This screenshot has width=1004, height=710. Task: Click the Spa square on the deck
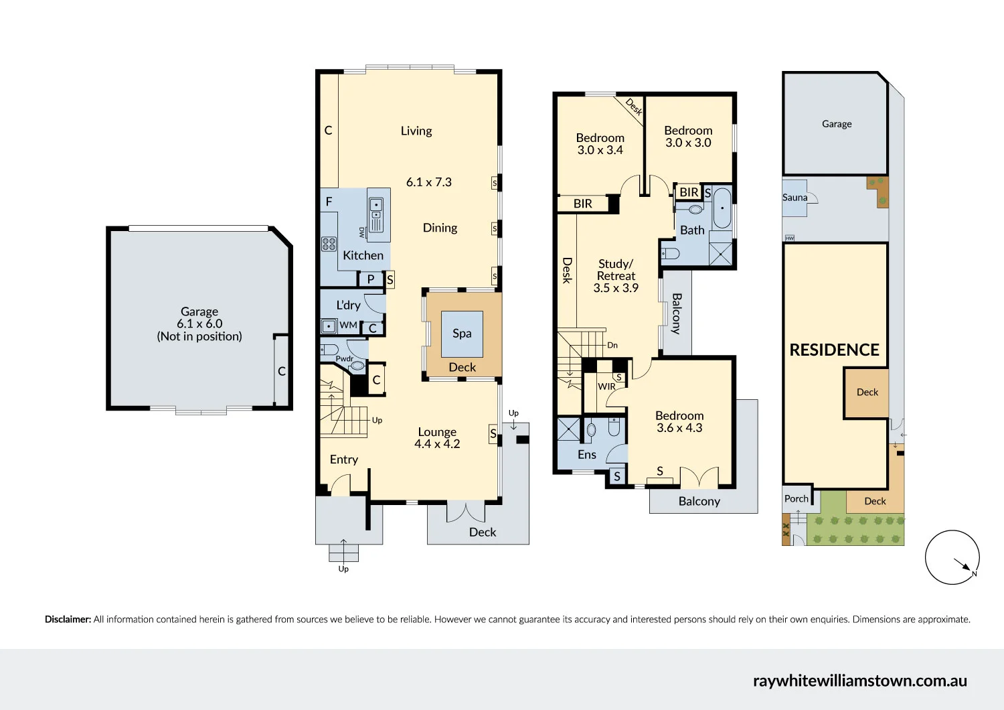[462, 334]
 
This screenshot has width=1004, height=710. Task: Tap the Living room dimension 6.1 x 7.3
[429, 182]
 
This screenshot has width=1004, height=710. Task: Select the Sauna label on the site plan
[794, 198]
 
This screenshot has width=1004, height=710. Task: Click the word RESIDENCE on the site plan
[834, 350]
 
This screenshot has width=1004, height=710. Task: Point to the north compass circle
[952, 557]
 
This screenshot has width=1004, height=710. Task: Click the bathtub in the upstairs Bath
[722, 208]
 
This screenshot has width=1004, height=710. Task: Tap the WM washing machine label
[348, 326]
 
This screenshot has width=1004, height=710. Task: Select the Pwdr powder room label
[344, 359]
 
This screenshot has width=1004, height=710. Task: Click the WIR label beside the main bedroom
[606, 386]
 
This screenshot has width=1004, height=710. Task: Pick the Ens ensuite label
[586, 455]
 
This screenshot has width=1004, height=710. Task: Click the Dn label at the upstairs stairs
[612, 346]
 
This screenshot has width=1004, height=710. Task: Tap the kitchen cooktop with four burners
[329, 244]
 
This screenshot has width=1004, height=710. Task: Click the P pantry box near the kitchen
[370, 279]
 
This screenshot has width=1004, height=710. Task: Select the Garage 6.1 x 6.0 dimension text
[199, 324]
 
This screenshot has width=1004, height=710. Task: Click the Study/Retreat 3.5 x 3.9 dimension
[616, 288]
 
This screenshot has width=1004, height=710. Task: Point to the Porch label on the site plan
[796, 499]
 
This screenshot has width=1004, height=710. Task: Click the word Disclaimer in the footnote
[68, 620]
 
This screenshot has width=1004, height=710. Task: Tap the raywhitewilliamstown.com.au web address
[859, 681]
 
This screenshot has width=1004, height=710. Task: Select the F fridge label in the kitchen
[329, 202]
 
